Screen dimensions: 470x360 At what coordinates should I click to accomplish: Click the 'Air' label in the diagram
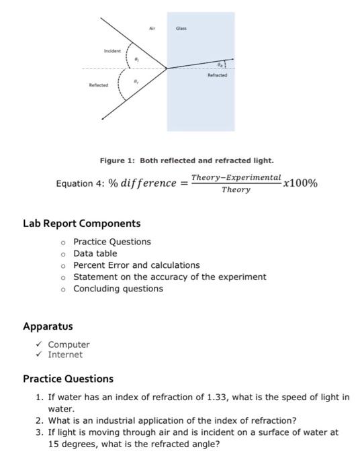tap(152, 30)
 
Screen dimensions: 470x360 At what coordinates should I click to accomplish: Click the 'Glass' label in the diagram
tap(181, 30)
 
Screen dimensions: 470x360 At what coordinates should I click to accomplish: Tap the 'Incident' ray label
tap(112, 51)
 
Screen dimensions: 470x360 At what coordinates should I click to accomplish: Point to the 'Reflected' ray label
tap(98, 85)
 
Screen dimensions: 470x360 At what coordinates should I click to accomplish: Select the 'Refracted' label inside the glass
tap(218, 76)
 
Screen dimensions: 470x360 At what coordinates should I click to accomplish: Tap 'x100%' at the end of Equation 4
tap(301, 183)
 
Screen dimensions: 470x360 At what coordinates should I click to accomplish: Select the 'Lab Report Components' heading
tap(82, 224)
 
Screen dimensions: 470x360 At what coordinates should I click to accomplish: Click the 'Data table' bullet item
tap(95, 254)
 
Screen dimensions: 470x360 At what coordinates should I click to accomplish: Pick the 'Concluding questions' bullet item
tap(118, 289)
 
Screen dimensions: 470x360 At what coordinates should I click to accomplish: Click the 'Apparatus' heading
tap(48, 327)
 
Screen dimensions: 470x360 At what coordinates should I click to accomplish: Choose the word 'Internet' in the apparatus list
tap(65, 355)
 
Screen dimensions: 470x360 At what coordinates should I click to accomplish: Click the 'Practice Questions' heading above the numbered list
tap(68, 379)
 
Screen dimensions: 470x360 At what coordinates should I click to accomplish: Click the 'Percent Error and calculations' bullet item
tap(136, 265)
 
